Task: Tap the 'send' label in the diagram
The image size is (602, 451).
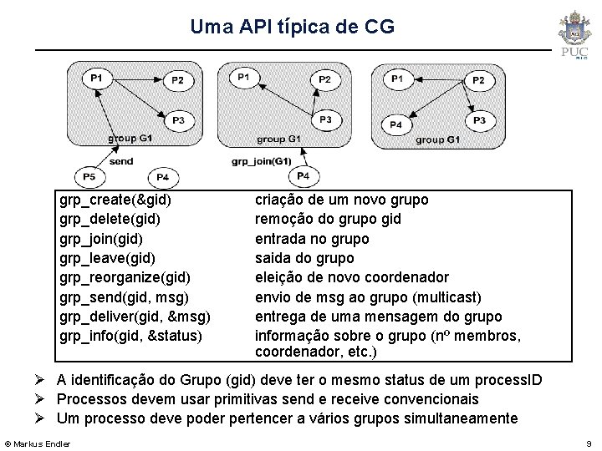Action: pos(121,160)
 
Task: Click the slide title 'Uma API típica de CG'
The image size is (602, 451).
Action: pos(292,27)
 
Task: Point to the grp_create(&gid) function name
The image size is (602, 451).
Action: pos(116,200)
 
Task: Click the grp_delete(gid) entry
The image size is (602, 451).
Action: pos(111,220)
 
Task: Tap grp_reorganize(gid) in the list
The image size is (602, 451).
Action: pos(125,277)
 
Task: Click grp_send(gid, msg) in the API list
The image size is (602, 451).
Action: pos(124,297)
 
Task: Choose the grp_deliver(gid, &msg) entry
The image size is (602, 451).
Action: pos(135,317)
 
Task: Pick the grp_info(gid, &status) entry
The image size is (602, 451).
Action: pos(130,336)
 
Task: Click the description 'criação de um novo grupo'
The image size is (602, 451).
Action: pos(341,200)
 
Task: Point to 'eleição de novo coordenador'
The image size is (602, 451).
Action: pos(351,277)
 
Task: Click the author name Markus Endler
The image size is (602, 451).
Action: pos(42,443)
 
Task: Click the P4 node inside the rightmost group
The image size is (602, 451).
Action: pos(395,124)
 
